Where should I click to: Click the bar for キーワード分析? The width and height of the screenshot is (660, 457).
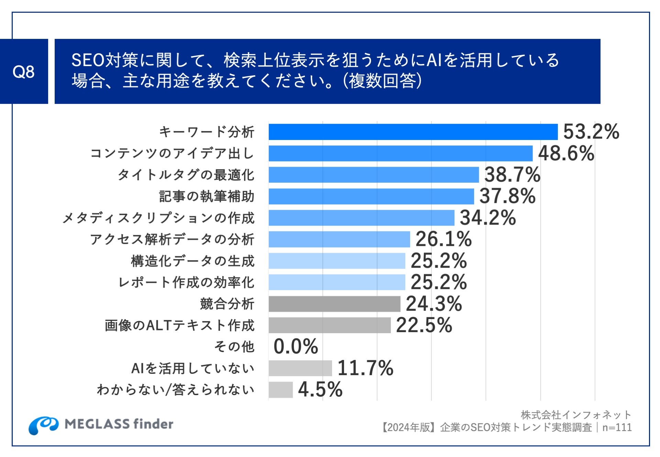coord(413,132)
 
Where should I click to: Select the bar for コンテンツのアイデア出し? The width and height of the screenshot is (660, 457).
coord(400,153)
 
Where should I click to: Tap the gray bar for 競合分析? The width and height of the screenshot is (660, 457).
coord(334,304)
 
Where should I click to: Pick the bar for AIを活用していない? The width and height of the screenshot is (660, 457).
coord(300,368)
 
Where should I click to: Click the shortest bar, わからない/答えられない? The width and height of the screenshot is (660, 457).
coord(280,390)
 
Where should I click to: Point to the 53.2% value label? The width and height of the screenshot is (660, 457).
coord(591,132)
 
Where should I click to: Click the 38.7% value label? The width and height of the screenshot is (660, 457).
coord(512,175)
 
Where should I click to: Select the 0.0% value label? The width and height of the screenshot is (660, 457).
coord(296,347)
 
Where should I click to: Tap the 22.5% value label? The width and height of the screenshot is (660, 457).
coord(424,325)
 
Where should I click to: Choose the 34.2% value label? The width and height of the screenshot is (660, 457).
coord(488,218)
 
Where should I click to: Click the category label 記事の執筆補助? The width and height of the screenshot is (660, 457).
coord(207,196)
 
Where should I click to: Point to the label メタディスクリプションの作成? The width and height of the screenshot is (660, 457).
coord(158,218)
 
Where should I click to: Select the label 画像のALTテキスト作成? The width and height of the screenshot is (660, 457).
coord(179,325)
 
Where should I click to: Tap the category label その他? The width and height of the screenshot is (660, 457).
coord(234,347)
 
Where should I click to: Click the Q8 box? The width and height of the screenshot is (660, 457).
coord(24,72)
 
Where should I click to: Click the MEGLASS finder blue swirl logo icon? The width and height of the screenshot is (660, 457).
coord(43,425)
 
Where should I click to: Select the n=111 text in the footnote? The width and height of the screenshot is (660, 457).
coord(617,427)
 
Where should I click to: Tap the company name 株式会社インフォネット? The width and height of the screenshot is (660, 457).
coord(576,415)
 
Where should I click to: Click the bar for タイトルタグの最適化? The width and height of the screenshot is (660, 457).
coord(374,175)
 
